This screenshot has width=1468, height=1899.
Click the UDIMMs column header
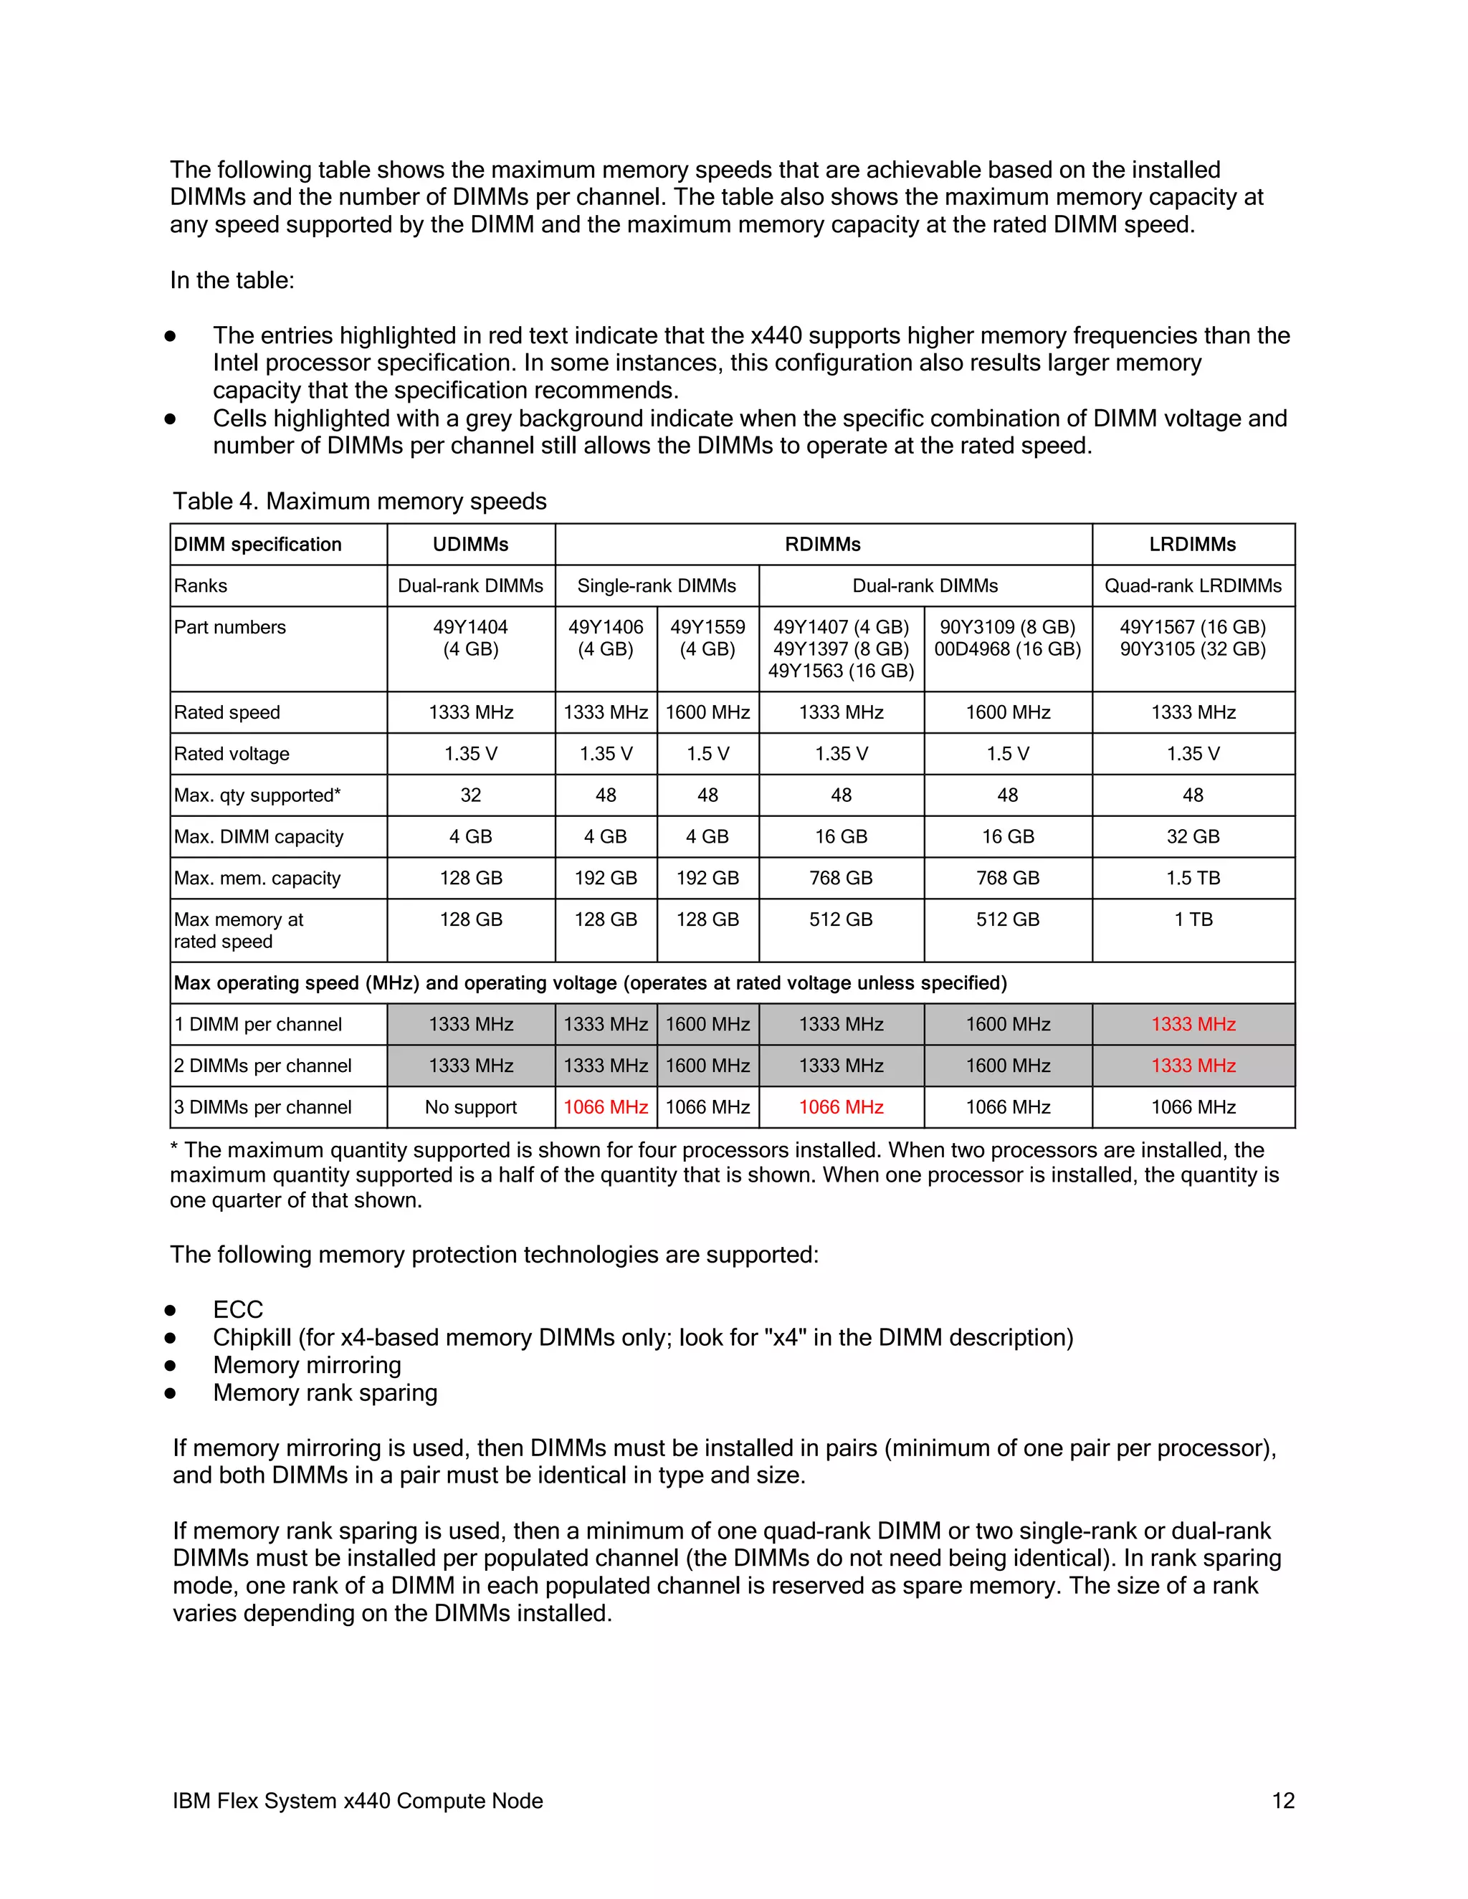click(x=470, y=545)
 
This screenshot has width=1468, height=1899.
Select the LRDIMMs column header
click(x=1192, y=545)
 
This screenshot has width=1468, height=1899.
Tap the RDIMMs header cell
click(x=823, y=545)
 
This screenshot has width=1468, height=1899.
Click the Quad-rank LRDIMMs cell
click(x=1192, y=586)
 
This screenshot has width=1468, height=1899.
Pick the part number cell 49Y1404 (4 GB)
click(x=470, y=638)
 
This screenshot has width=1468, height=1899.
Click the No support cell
click(x=470, y=1107)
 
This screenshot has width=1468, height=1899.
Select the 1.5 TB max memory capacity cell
click(x=1192, y=879)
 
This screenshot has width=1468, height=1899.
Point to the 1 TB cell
click(x=1192, y=920)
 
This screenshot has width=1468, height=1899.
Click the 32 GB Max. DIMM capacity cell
click(x=1192, y=836)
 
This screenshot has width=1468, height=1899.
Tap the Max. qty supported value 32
click(x=470, y=795)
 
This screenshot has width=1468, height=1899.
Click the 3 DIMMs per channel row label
click(x=262, y=1107)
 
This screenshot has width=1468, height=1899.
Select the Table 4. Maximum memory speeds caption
click(x=359, y=502)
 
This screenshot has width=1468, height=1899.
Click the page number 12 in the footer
click(x=1283, y=1801)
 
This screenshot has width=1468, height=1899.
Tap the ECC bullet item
click(x=237, y=1309)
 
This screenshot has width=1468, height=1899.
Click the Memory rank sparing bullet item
click(x=325, y=1393)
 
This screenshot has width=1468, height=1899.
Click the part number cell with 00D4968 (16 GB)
click(x=1007, y=649)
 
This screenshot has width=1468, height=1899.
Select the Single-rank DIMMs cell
click(x=657, y=586)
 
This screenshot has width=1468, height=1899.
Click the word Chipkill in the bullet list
click(x=252, y=1337)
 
